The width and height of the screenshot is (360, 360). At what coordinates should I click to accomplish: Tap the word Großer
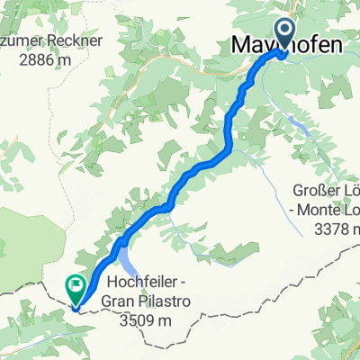coord(314,190)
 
